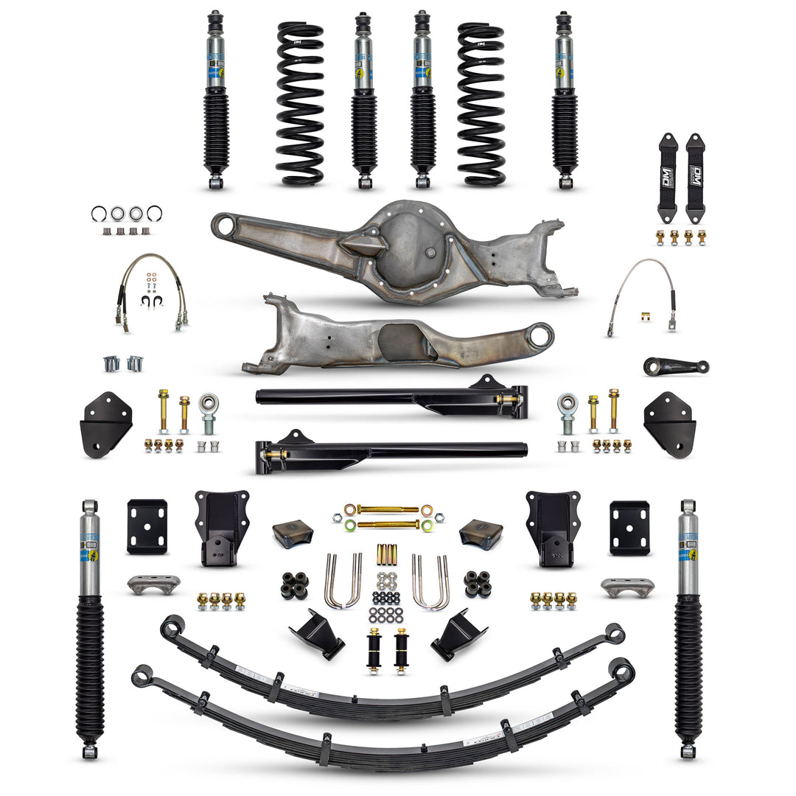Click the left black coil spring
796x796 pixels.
tap(300, 103)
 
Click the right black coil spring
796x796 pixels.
tap(481, 103)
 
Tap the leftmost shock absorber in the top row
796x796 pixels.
tap(216, 99)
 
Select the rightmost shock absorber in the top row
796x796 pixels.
tap(565, 99)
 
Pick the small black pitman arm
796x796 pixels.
tap(675, 366)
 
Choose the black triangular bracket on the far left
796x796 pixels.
tap(105, 424)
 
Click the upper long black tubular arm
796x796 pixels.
tap(391, 397)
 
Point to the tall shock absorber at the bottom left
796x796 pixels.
tap(89, 626)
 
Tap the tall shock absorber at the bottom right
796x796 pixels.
tap(687, 626)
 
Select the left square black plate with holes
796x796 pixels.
tap(147, 526)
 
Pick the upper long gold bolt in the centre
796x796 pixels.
tap(388, 509)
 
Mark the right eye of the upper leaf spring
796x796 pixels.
tap(614, 633)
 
